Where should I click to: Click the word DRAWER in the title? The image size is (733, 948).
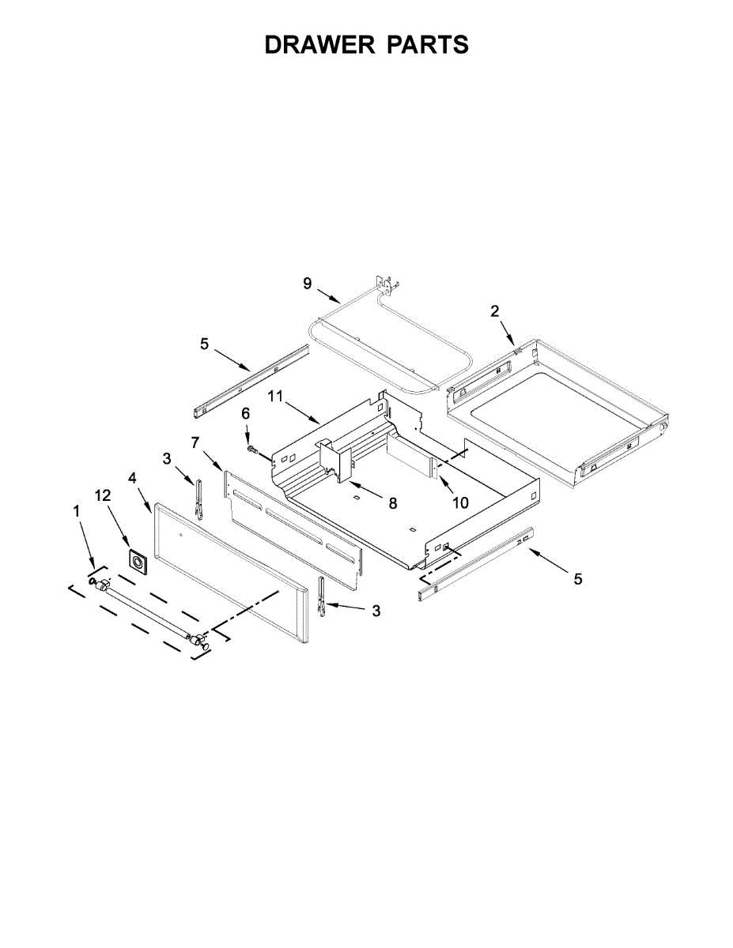tap(319, 44)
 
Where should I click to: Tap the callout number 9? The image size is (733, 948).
tap(308, 284)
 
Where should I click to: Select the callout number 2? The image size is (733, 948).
tap(494, 311)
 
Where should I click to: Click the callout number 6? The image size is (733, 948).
tap(246, 414)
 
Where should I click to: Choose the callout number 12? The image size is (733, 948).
tap(104, 495)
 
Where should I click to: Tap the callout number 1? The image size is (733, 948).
tap(77, 511)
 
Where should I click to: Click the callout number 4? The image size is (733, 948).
tap(132, 478)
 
